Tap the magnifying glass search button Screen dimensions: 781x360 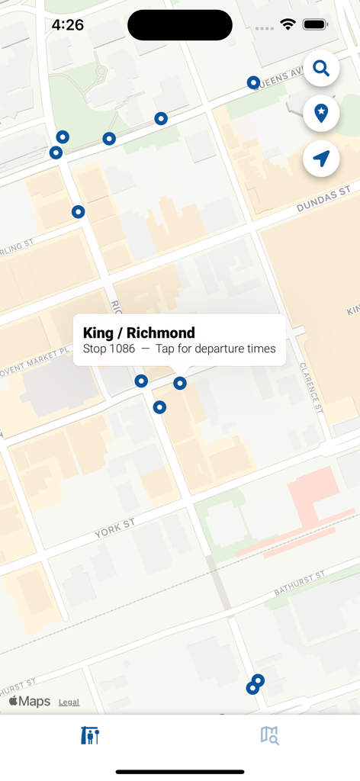pos(321,69)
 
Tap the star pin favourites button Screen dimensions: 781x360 pos(321,114)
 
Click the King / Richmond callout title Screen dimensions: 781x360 pos(139,333)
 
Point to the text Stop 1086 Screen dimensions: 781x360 pos(109,349)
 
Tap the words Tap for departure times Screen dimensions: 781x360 pos(215,349)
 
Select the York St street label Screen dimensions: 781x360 pos(115,529)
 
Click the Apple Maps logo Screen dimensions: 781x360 pos(30,702)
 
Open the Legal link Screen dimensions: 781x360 pos(69,702)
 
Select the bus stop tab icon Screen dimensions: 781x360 pos(90,735)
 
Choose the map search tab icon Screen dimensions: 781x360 pos(269,735)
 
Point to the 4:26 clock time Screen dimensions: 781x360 pos(67,25)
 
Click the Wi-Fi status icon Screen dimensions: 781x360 pos(288,25)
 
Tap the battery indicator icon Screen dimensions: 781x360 pos(315,25)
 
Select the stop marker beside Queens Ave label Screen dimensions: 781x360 pos(253,82)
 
